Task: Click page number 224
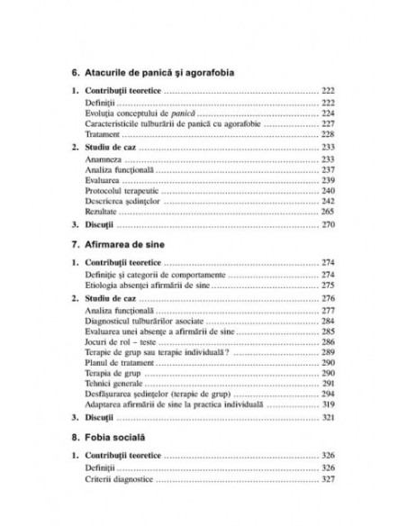[x=328, y=116]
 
